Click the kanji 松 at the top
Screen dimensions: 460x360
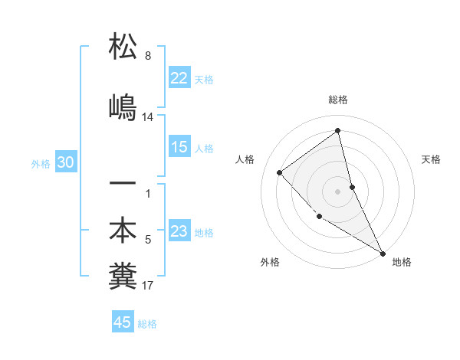tap(123, 47)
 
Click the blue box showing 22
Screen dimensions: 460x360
tap(179, 78)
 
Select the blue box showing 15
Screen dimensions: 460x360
tap(179, 147)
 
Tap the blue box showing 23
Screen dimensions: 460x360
tap(179, 231)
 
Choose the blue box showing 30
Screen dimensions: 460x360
tap(66, 162)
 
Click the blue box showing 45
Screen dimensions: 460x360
tap(123, 322)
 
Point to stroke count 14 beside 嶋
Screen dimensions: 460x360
tap(148, 117)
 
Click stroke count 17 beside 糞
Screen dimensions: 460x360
tap(148, 286)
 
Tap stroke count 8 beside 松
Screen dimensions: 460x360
tap(148, 56)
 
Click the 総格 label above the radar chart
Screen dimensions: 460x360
tap(338, 100)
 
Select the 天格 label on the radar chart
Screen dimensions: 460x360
tap(431, 159)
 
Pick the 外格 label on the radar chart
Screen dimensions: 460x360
tap(270, 262)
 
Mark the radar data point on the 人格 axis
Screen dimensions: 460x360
tap(280, 172)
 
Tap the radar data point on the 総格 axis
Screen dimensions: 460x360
tap(338, 130)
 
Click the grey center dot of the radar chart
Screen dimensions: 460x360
tap(338, 191)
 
